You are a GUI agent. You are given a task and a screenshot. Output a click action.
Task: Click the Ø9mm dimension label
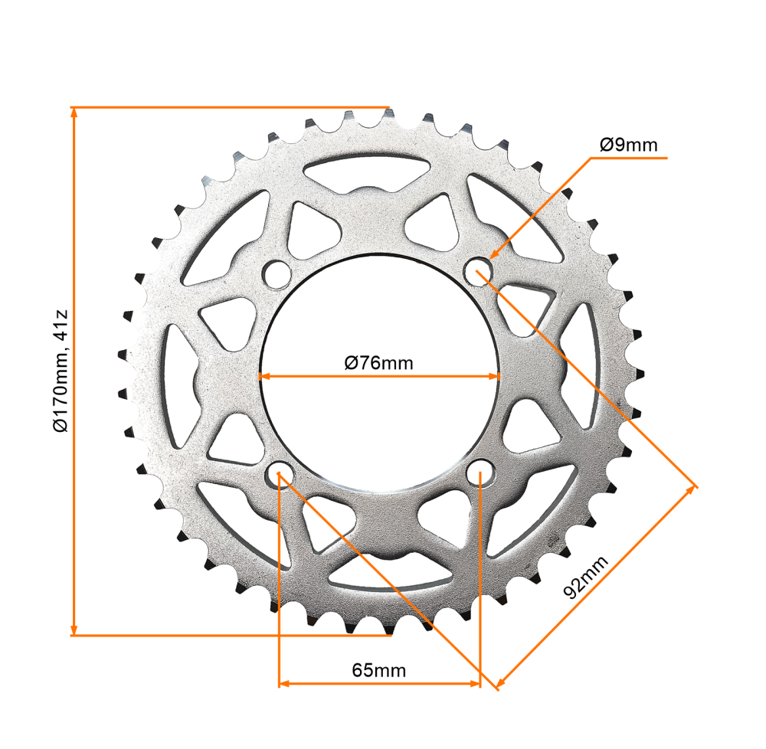tap(628, 145)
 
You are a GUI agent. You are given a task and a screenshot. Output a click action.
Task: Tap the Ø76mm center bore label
tap(378, 362)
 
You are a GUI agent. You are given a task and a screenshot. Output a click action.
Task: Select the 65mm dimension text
tap(378, 670)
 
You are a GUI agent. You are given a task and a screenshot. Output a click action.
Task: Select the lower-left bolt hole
tap(279, 472)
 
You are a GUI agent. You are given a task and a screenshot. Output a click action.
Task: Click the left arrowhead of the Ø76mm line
tap(264, 376)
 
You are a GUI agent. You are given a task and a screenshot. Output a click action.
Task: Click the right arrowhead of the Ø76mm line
tap(493, 376)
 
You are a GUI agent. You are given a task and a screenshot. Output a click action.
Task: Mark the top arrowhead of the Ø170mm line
tap(74, 113)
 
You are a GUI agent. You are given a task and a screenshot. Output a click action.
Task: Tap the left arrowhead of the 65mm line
tap(284, 683)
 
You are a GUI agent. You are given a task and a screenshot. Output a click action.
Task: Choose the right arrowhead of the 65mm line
tap(474, 683)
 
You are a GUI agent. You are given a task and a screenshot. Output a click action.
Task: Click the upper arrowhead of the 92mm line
tap(691, 490)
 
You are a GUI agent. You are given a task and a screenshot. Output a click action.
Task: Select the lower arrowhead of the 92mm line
tap(501, 680)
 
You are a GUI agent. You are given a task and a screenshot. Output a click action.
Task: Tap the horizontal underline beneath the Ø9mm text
tap(628, 159)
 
